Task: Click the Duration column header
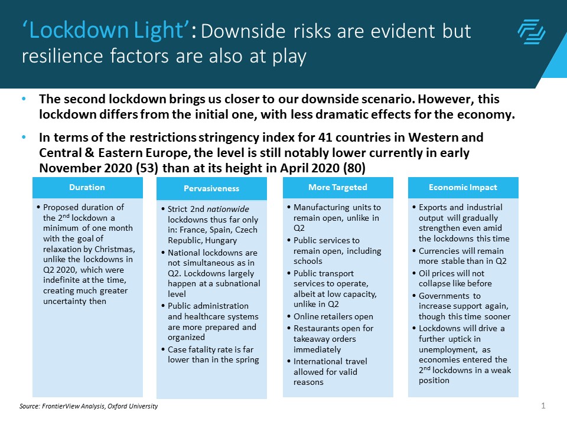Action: pyautogui.click(x=87, y=187)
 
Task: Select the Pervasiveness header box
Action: pyautogui.click(x=211, y=189)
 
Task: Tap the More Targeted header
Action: pyautogui.click(x=337, y=187)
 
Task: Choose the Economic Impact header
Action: pyautogui.click(x=463, y=187)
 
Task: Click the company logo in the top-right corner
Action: pyautogui.click(x=531, y=31)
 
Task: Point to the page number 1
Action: pyautogui.click(x=542, y=406)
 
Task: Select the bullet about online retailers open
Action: pyautogui.click(x=333, y=316)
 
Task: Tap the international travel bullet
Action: pyautogui.click(x=333, y=371)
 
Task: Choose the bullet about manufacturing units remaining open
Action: pyautogui.click(x=337, y=218)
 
